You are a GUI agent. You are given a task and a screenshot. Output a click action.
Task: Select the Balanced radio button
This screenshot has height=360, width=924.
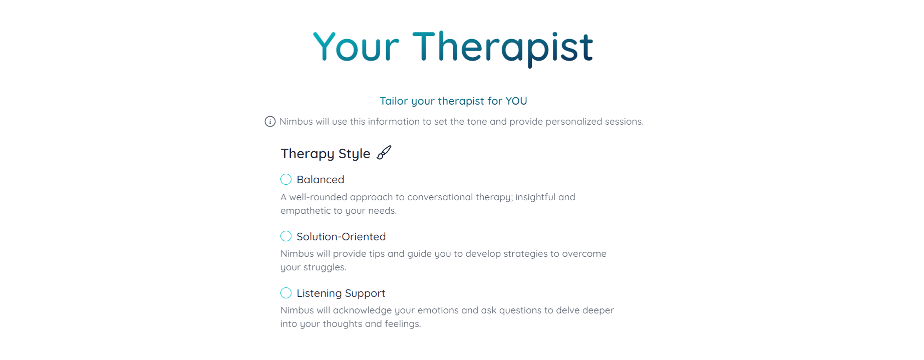click(286, 179)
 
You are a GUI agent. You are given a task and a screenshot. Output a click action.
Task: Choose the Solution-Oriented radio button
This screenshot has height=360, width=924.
click(286, 236)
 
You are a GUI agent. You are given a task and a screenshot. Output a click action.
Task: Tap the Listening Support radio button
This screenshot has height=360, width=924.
click(286, 293)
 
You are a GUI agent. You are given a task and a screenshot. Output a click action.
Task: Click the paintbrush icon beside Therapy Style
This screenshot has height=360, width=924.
click(384, 152)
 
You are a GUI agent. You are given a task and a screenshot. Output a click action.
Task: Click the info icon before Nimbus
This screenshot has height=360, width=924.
click(270, 122)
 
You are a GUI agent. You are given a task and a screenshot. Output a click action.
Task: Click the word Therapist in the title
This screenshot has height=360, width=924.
click(503, 47)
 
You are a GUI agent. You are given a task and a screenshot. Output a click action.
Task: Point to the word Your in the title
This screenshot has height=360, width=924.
click(356, 47)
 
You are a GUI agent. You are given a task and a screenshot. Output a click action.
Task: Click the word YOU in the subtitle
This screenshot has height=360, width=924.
click(516, 101)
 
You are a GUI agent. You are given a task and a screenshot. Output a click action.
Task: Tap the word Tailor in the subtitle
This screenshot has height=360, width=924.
click(394, 101)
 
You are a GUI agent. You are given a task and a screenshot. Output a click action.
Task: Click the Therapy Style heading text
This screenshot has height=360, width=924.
click(326, 154)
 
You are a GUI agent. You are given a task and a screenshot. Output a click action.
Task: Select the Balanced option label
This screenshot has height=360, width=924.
click(321, 180)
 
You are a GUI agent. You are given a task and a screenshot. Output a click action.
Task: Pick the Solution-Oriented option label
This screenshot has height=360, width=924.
click(341, 236)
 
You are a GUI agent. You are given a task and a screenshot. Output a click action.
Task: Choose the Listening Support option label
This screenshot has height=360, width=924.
click(341, 293)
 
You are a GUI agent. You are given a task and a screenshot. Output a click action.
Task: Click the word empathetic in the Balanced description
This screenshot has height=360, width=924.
click(305, 211)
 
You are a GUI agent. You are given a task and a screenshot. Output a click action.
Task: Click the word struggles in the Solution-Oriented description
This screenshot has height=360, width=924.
click(325, 267)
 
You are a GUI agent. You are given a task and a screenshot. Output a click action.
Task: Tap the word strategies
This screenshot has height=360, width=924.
click(525, 254)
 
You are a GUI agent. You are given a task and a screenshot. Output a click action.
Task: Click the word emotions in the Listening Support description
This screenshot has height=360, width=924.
click(438, 310)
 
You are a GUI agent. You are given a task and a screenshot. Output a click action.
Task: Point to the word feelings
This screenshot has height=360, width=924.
click(403, 324)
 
